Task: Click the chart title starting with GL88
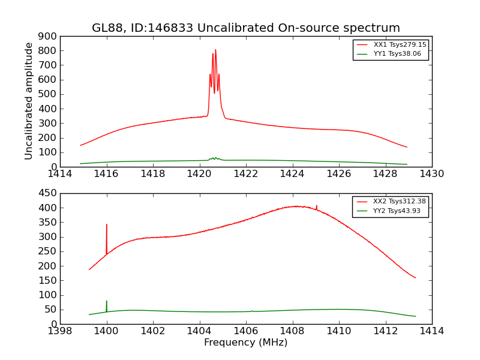click(245, 28)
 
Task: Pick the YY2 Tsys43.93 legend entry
click(397, 211)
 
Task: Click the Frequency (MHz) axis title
click(245, 343)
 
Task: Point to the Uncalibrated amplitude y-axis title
click(29, 101)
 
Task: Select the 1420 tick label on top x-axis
click(199, 174)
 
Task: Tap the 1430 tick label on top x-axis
click(431, 174)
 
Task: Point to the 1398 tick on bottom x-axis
click(60, 331)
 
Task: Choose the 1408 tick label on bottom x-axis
click(292, 331)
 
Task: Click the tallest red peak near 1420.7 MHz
click(215, 50)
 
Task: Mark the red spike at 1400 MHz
click(107, 225)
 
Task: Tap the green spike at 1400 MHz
click(107, 302)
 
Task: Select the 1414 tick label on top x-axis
click(60, 174)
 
